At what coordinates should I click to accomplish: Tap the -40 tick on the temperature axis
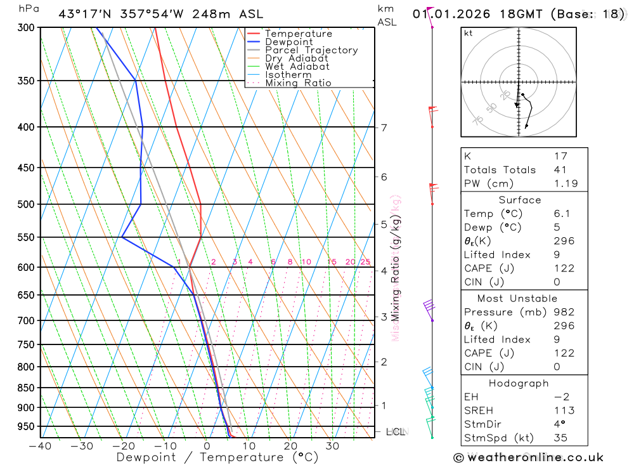point(40,445)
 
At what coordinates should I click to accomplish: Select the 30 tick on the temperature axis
point(332,445)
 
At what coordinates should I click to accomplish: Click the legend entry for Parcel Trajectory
point(311,50)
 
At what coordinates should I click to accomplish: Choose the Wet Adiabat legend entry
point(297,67)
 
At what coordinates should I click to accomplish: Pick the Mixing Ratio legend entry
point(298,83)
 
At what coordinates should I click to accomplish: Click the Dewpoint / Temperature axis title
point(217,457)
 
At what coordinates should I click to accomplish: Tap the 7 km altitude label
point(384,128)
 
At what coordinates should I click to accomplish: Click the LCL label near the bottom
point(395,432)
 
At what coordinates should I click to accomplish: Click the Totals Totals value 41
point(560,170)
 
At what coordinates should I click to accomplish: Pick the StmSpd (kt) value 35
point(560,438)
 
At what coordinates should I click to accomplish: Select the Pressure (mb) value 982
point(564,312)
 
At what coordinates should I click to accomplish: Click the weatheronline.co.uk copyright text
point(528,457)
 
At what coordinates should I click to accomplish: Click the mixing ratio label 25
point(365,262)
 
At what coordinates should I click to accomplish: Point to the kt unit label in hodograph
point(469,33)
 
